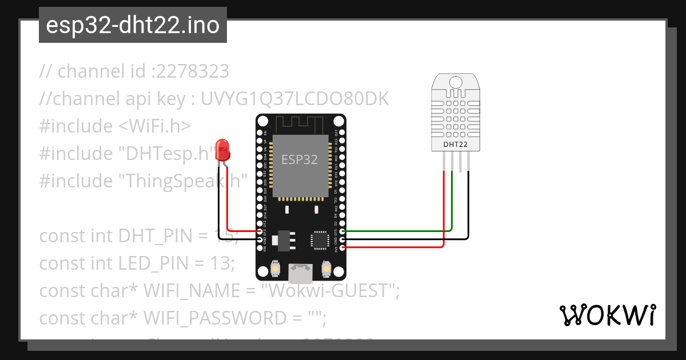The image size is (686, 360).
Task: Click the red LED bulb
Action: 222,150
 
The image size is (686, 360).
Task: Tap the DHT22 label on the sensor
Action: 456,145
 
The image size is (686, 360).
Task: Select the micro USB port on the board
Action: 301,274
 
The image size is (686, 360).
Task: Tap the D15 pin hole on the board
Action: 342,231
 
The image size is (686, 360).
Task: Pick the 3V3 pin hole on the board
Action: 342,247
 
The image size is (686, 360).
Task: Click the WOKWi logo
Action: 608,315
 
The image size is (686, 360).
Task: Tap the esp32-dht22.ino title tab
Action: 133,25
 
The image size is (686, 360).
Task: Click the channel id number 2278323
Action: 193,71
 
